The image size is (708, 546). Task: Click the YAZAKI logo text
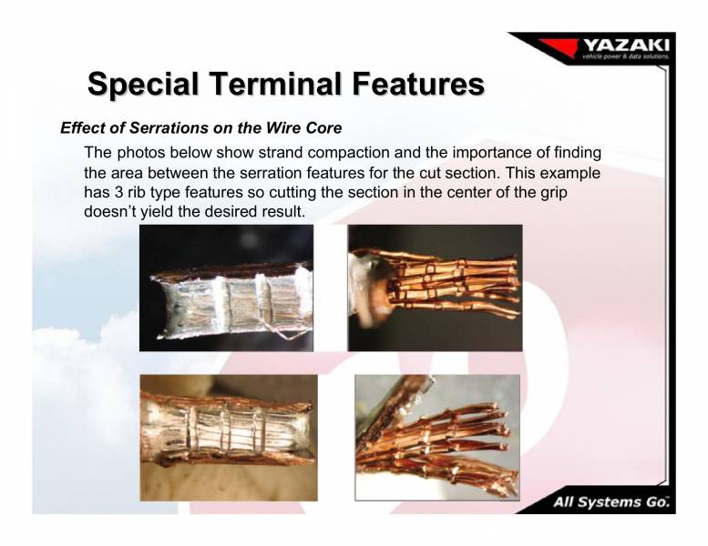[626, 45]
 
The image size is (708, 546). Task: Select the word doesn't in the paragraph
[111, 211]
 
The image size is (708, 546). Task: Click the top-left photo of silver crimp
[226, 288]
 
